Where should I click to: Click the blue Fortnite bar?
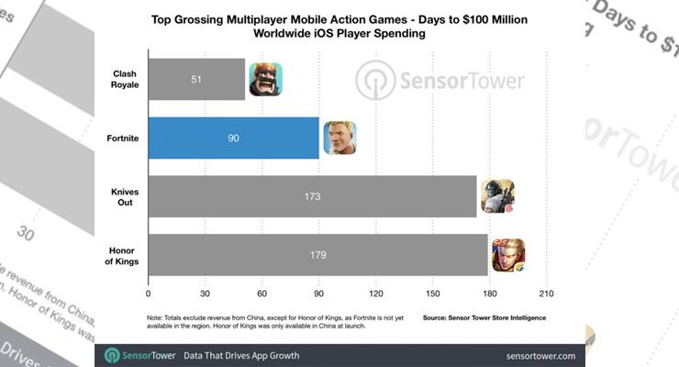[233, 138]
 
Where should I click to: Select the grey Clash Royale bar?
[196, 80]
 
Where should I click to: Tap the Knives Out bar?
[312, 196]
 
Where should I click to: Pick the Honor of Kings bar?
[317, 254]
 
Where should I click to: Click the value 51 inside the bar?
[195, 80]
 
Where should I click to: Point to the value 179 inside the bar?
[317, 255]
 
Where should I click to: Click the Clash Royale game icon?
[265, 80]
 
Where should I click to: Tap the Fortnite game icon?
[339, 138]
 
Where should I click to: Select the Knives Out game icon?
[497, 196]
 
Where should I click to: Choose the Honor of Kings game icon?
[508, 254]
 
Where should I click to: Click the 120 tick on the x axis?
[375, 295]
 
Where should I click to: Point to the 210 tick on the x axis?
[547, 295]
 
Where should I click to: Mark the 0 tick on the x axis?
[148, 295]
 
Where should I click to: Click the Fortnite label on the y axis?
[122, 138]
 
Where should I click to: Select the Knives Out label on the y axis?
[123, 196]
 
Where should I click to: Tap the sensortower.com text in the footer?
[540, 355]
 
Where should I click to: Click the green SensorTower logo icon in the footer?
[111, 355]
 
